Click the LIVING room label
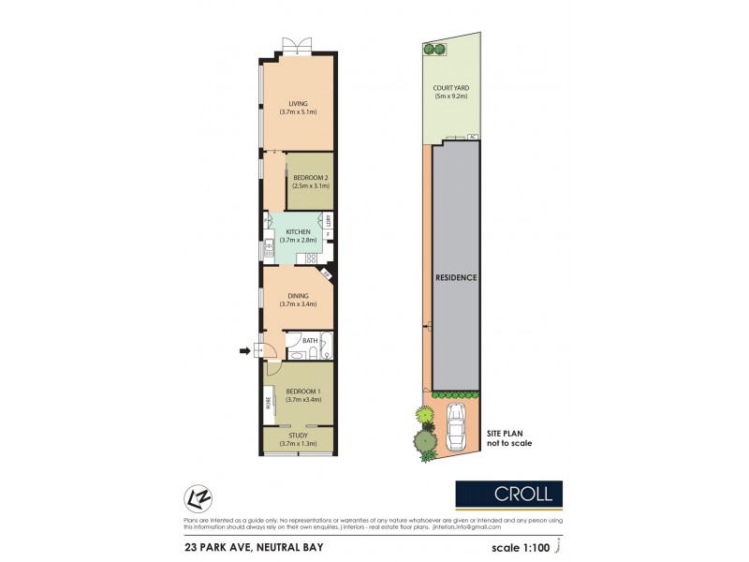coord(298,103)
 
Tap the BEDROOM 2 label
coord(309,177)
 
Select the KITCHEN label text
coord(298,231)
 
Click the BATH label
coord(296,340)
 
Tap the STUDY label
coord(298,436)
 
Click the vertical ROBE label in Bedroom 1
coord(269,405)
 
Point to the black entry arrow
coord(245,351)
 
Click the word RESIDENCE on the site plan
coord(456,278)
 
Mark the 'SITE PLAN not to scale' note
coord(508,437)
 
